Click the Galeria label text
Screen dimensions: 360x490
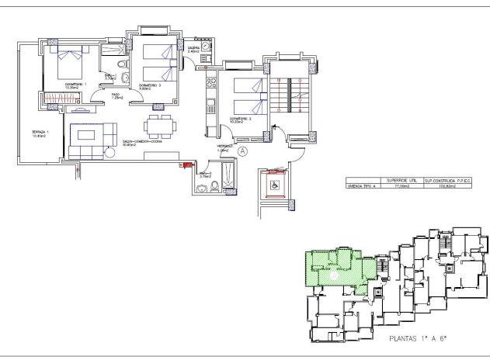click(x=193, y=49)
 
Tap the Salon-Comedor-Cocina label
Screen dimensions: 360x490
click(x=141, y=143)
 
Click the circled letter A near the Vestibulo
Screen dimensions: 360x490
click(x=242, y=152)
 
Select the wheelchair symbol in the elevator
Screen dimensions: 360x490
click(x=273, y=185)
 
